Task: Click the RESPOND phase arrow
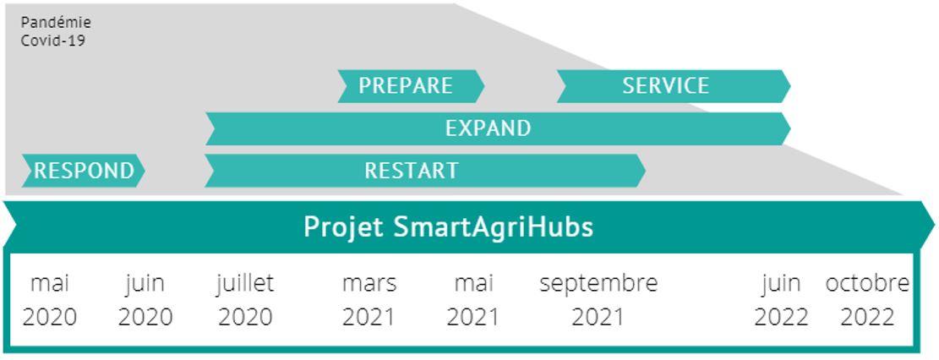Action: (x=84, y=171)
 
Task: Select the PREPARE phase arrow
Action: (x=411, y=85)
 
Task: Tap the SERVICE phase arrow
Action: (x=674, y=85)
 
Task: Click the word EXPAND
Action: (x=488, y=128)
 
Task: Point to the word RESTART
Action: (x=412, y=171)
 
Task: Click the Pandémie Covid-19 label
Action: (x=56, y=32)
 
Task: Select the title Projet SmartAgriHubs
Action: (x=449, y=227)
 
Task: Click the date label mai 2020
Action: (x=50, y=300)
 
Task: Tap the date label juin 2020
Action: (x=145, y=300)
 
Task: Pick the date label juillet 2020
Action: (x=246, y=300)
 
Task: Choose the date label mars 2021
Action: (x=369, y=300)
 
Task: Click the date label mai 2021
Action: (x=473, y=300)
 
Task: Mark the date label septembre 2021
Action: (x=598, y=300)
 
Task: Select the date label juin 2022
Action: (x=782, y=300)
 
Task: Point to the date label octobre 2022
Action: (x=868, y=300)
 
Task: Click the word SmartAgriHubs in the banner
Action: (x=494, y=227)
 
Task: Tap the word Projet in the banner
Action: (x=344, y=228)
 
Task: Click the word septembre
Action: (x=598, y=284)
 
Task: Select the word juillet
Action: (x=246, y=283)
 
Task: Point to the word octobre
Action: (x=868, y=283)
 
